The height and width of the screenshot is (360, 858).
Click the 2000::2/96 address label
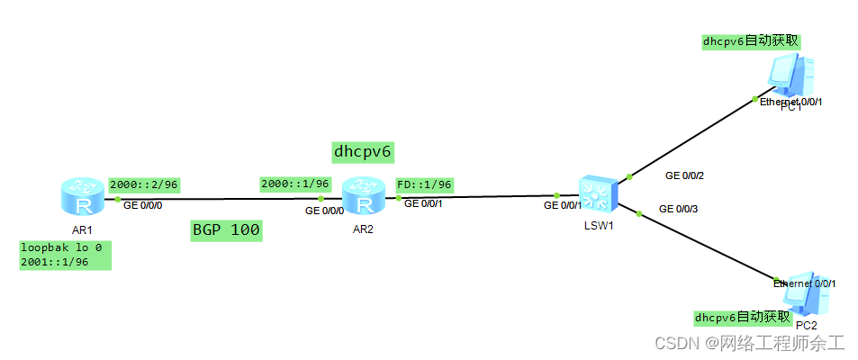click(144, 184)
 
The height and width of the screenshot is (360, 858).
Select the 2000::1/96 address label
click(294, 184)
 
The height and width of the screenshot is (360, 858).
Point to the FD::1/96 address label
click(423, 184)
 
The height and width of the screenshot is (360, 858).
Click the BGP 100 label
click(226, 230)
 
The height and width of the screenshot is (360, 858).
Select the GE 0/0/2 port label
click(684, 175)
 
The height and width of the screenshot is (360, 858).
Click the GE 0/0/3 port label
click(679, 209)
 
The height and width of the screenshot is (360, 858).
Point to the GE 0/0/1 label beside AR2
click(423, 203)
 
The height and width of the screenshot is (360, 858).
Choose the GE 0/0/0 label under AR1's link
click(142, 205)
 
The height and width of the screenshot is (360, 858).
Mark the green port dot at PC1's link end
click(754, 98)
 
